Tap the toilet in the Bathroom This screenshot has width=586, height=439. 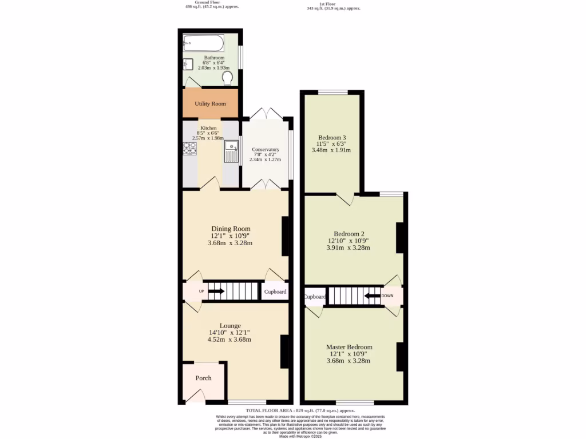point(227,78)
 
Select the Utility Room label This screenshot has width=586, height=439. point(210,103)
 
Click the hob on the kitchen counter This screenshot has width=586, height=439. point(189,149)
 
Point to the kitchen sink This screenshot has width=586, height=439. point(231,150)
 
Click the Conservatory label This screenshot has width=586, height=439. point(266,150)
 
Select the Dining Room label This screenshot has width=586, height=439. point(231,229)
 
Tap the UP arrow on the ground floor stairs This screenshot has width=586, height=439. point(216,292)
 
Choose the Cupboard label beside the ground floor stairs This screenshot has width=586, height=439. point(275,292)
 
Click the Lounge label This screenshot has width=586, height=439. point(229,325)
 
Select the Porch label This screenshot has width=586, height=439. point(203,378)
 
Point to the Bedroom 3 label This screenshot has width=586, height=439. point(332,138)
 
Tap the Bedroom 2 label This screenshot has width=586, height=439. point(349,234)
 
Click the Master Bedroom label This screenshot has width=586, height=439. point(349,347)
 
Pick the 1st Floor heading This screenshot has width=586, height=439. point(334,4)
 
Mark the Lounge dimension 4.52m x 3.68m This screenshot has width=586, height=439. point(229,340)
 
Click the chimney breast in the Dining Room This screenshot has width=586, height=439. point(285,236)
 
